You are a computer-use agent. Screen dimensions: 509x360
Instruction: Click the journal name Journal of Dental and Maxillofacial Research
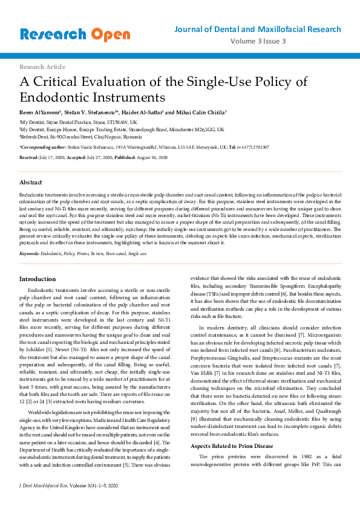257,29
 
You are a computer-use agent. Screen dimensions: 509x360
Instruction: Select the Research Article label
42,66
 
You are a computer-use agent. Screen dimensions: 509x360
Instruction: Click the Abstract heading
31,182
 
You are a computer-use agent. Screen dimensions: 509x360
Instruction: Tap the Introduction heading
38,279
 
